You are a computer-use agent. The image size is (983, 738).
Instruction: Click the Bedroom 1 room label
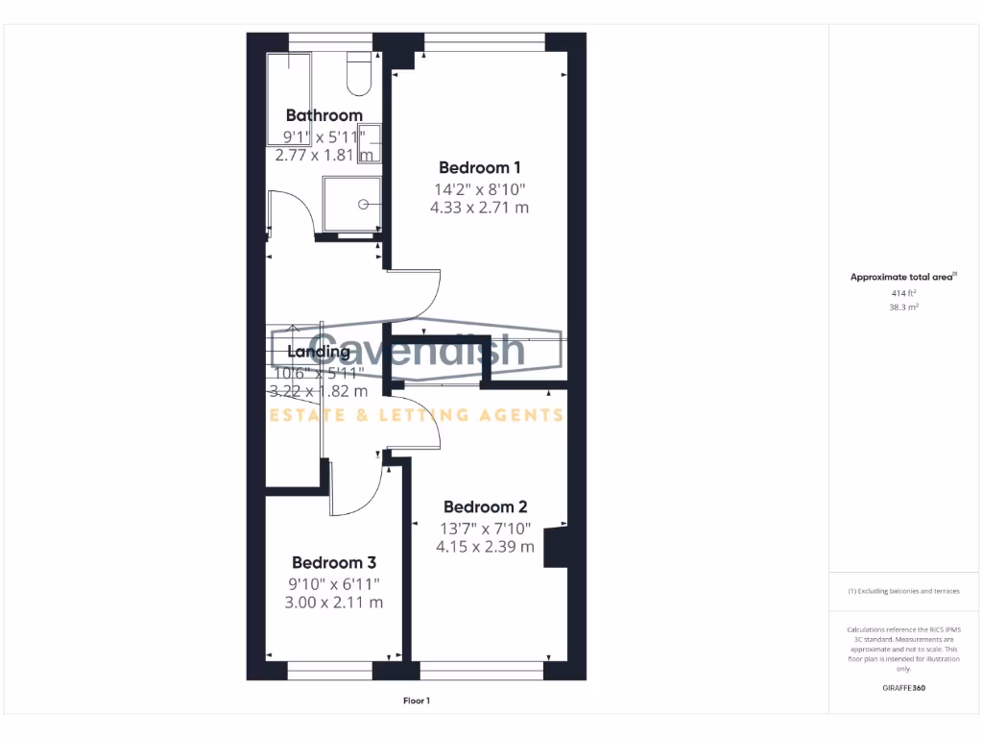(x=480, y=167)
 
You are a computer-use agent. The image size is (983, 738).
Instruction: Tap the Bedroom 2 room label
(x=485, y=507)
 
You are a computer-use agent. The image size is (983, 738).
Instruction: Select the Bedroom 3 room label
(x=333, y=563)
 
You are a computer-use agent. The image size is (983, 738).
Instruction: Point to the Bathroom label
(x=324, y=115)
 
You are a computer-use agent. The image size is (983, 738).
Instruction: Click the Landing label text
(x=319, y=352)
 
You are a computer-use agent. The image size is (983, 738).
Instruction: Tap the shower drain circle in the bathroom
(x=364, y=204)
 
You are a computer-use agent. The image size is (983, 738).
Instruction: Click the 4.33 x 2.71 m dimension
(x=480, y=208)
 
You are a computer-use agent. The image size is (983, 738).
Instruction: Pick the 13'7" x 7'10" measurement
(x=485, y=528)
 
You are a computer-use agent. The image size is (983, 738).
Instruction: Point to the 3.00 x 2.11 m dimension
(x=333, y=603)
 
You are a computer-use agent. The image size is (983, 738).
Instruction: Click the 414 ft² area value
(x=902, y=293)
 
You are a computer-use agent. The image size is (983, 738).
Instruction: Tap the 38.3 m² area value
(x=902, y=307)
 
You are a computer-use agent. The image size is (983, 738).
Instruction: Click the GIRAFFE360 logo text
(x=903, y=688)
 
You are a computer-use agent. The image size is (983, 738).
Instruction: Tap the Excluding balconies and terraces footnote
(x=903, y=591)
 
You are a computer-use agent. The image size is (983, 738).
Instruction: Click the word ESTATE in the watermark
(x=300, y=415)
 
